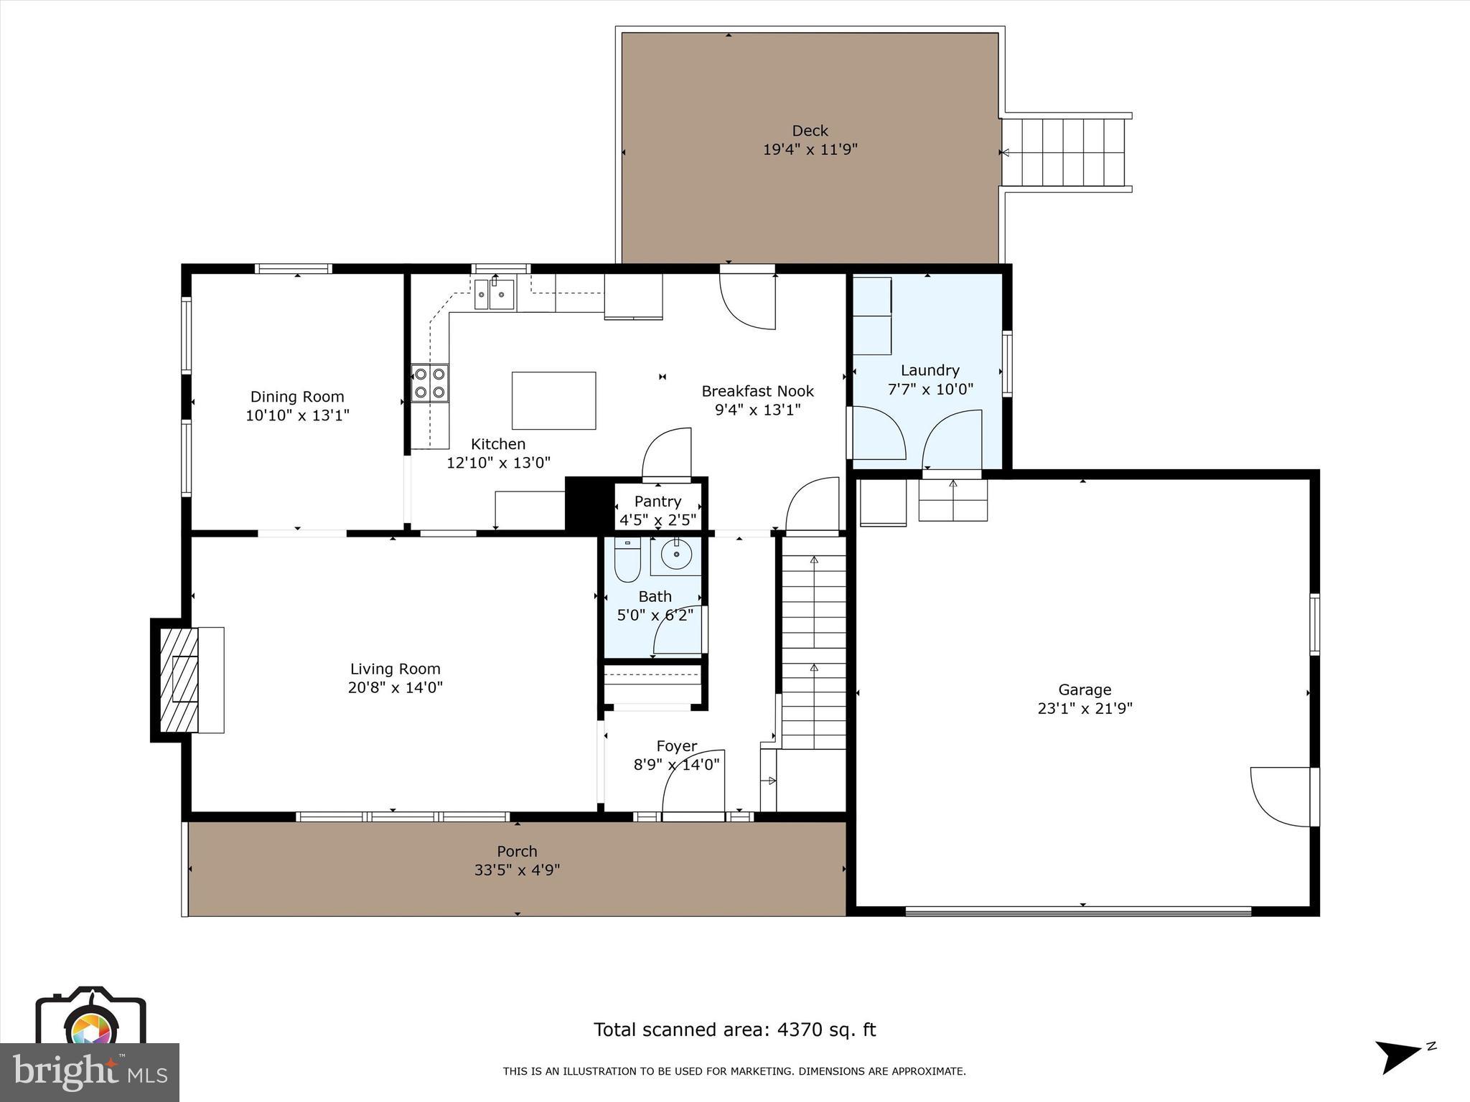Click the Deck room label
[810, 131]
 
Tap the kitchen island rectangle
[553, 400]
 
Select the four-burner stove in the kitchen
[430, 383]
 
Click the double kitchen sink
[495, 294]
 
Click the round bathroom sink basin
[676, 555]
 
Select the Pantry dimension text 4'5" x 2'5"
[657, 520]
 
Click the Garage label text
[1085, 689]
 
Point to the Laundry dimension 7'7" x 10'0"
[930, 390]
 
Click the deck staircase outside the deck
[1064, 152]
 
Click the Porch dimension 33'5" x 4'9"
[517, 870]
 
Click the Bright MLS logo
[90, 1071]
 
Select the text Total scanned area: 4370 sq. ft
[734, 1030]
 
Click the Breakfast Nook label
[757, 391]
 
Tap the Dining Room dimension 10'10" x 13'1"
[297, 415]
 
